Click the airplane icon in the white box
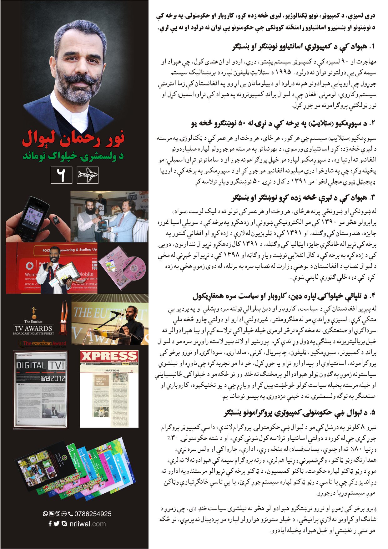(x=88, y=175)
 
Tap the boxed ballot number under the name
(x=61, y=175)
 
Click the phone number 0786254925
(x=93, y=514)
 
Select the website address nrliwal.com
(x=88, y=524)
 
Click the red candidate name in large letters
(x=73, y=139)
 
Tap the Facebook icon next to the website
(x=50, y=524)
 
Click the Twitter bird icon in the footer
(x=56, y=524)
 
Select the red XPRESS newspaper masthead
(x=109, y=356)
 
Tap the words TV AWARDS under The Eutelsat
(x=33, y=328)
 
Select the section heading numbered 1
(x=303, y=47)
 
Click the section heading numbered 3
(x=303, y=198)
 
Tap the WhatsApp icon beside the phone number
(x=45, y=514)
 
